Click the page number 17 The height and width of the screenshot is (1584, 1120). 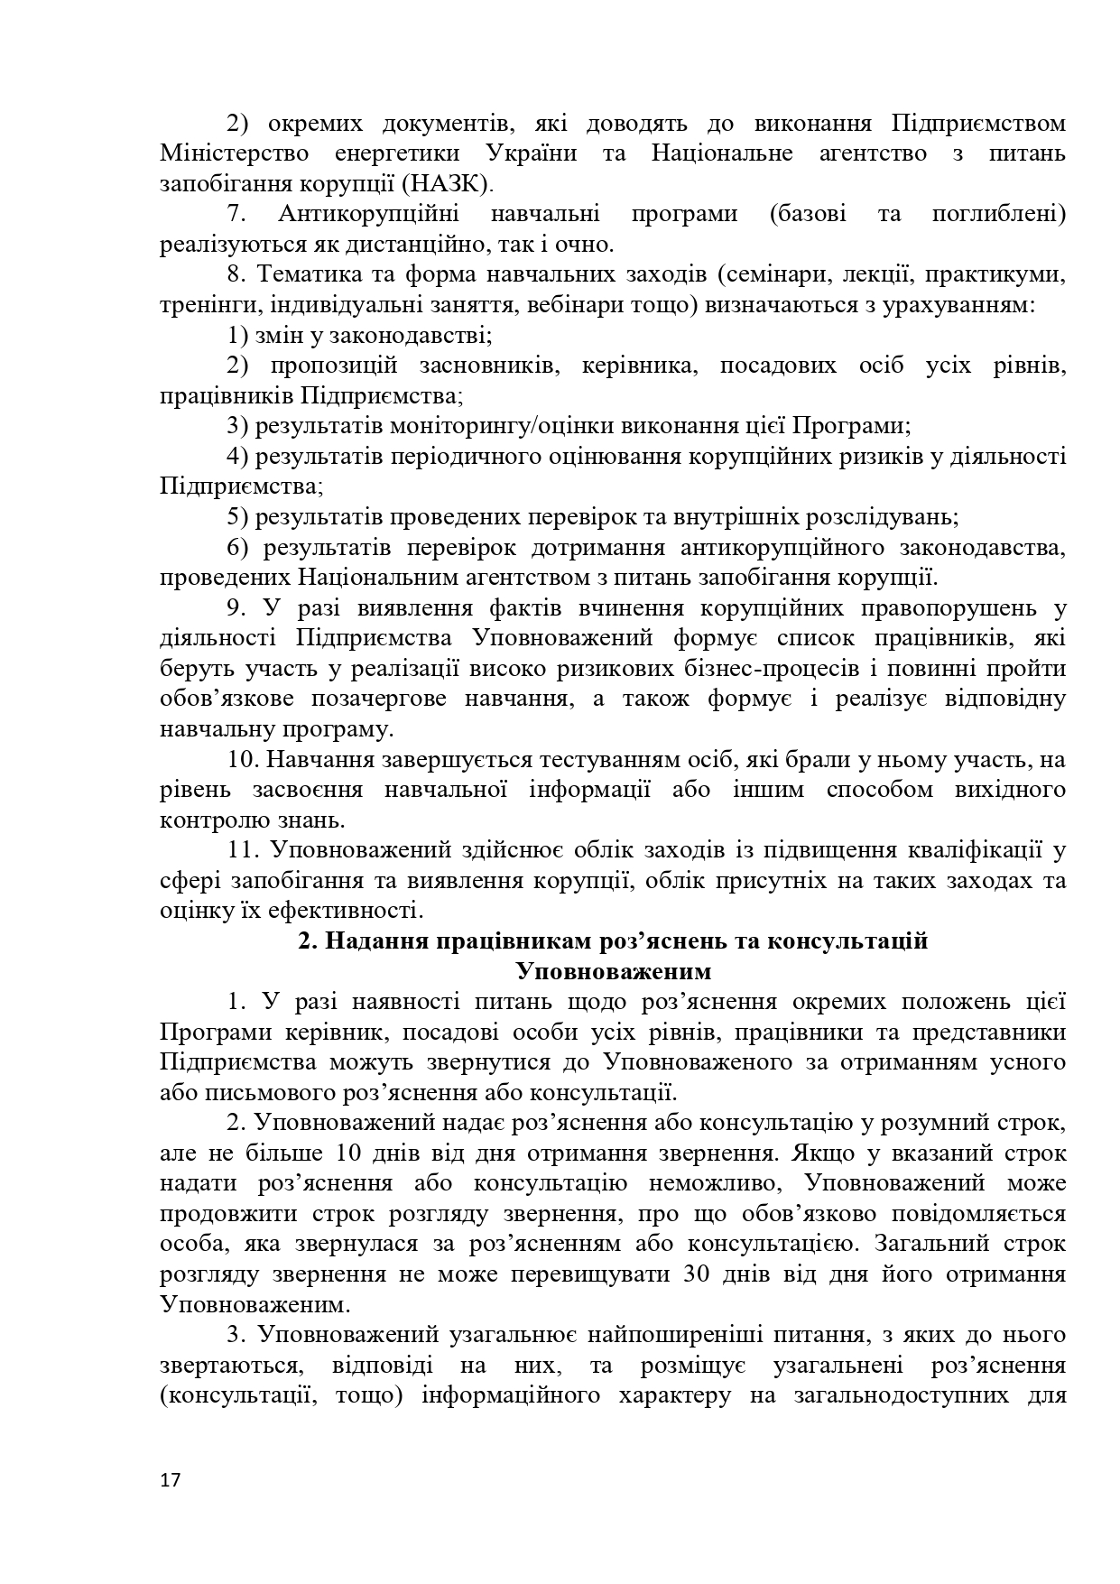[x=170, y=1480]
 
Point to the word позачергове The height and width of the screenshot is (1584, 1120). [x=376, y=699]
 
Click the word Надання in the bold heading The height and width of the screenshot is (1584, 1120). [x=376, y=941]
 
